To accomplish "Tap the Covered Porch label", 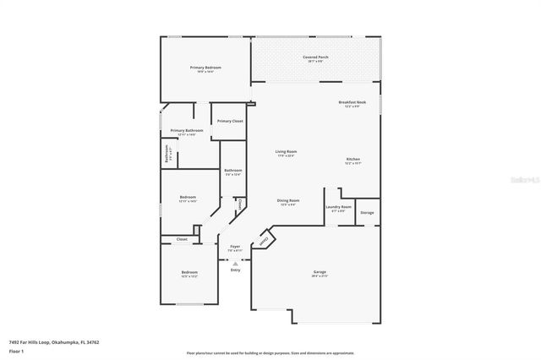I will click(x=318, y=57).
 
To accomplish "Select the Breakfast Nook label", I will click(x=352, y=101).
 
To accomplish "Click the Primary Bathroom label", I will click(x=186, y=130).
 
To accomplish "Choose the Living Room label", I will click(x=286, y=151).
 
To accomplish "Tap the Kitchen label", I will click(x=352, y=159).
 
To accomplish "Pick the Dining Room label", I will click(x=288, y=200).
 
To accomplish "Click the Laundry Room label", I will click(x=338, y=206).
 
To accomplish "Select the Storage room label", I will click(x=367, y=213).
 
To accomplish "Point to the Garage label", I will click(x=319, y=271).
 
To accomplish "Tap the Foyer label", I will click(x=235, y=246).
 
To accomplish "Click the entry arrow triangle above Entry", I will click(x=235, y=263).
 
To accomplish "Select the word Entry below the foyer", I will click(x=235, y=270).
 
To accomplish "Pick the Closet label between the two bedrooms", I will click(x=182, y=240).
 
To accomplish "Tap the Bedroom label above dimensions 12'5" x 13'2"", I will click(x=189, y=271).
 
